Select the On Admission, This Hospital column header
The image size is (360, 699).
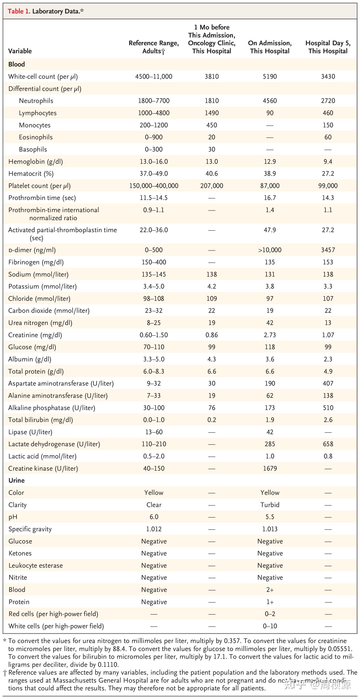270,47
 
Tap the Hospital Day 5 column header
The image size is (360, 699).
328,47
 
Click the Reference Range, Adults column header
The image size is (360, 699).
154,47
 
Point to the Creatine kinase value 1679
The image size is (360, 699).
270,468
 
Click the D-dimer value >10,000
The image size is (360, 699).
270,250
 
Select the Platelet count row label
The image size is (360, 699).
39,186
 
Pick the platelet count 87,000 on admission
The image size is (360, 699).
270,186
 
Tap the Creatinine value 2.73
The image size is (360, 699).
270,335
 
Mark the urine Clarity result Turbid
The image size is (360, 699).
270,505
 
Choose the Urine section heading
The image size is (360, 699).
17,481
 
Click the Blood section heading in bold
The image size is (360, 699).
17,64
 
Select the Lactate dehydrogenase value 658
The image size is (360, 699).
328,444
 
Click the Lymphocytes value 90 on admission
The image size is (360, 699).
270,113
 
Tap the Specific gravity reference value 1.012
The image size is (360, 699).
154,529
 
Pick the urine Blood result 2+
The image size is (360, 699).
270,590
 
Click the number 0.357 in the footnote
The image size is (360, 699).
232,641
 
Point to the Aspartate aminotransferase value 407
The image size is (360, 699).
328,383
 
